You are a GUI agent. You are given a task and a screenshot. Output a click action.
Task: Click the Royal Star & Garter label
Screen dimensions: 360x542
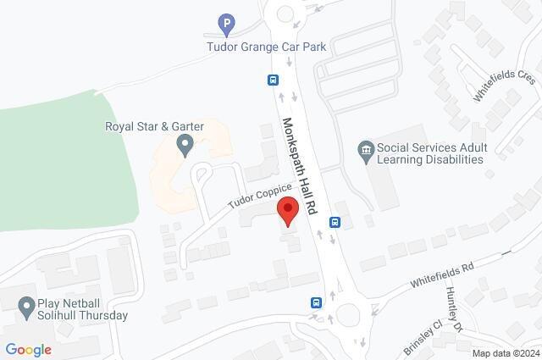(154, 127)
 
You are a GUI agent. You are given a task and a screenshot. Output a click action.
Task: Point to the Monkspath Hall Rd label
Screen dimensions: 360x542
(299, 164)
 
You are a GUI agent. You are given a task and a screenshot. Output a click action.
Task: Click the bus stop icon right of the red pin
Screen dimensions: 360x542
(335, 223)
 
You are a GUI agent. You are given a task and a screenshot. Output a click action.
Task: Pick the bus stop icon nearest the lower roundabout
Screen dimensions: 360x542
(316, 302)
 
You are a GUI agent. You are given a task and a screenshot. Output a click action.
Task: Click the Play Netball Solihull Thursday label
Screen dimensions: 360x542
(82, 310)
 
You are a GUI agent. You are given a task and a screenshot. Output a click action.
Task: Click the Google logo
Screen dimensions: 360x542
(28, 350)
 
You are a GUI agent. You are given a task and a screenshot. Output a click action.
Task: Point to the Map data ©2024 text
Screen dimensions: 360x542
(505, 353)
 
